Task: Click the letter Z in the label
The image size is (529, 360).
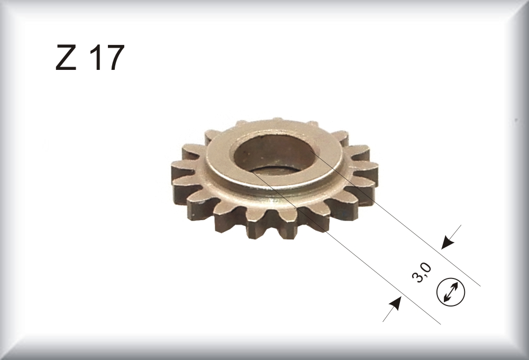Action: click(x=66, y=57)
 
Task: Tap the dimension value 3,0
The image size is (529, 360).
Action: click(x=422, y=273)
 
